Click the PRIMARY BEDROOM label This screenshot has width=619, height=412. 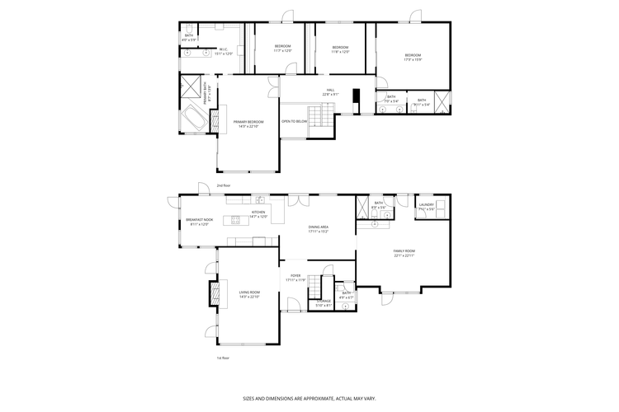click(x=248, y=124)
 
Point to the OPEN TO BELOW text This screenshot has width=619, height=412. click(x=295, y=121)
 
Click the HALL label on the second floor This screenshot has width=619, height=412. click(x=330, y=91)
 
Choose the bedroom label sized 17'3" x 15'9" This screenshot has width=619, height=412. click(x=412, y=57)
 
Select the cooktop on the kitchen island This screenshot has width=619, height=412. click(x=235, y=219)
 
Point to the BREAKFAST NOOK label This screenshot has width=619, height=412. click(x=199, y=221)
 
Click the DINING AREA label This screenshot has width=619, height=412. click(x=319, y=228)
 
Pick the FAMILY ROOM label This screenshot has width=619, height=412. click(x=404, y=252)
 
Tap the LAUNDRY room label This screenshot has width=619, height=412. click(x=426, y=207)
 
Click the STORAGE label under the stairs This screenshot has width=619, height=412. click(x=324, y=302)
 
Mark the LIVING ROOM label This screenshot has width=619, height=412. click(x=249, y=293)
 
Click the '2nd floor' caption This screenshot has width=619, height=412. click(x=223, y=186)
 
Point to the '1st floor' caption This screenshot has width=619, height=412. click(x=223, y=358)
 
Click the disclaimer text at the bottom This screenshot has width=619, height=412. click(x=309, y=397)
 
